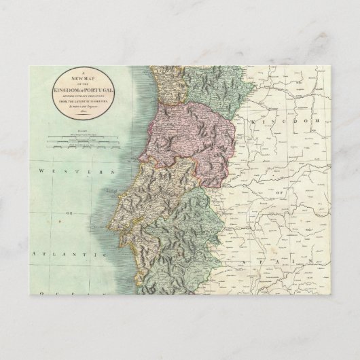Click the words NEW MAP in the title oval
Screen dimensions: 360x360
click(x=81, y=79)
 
